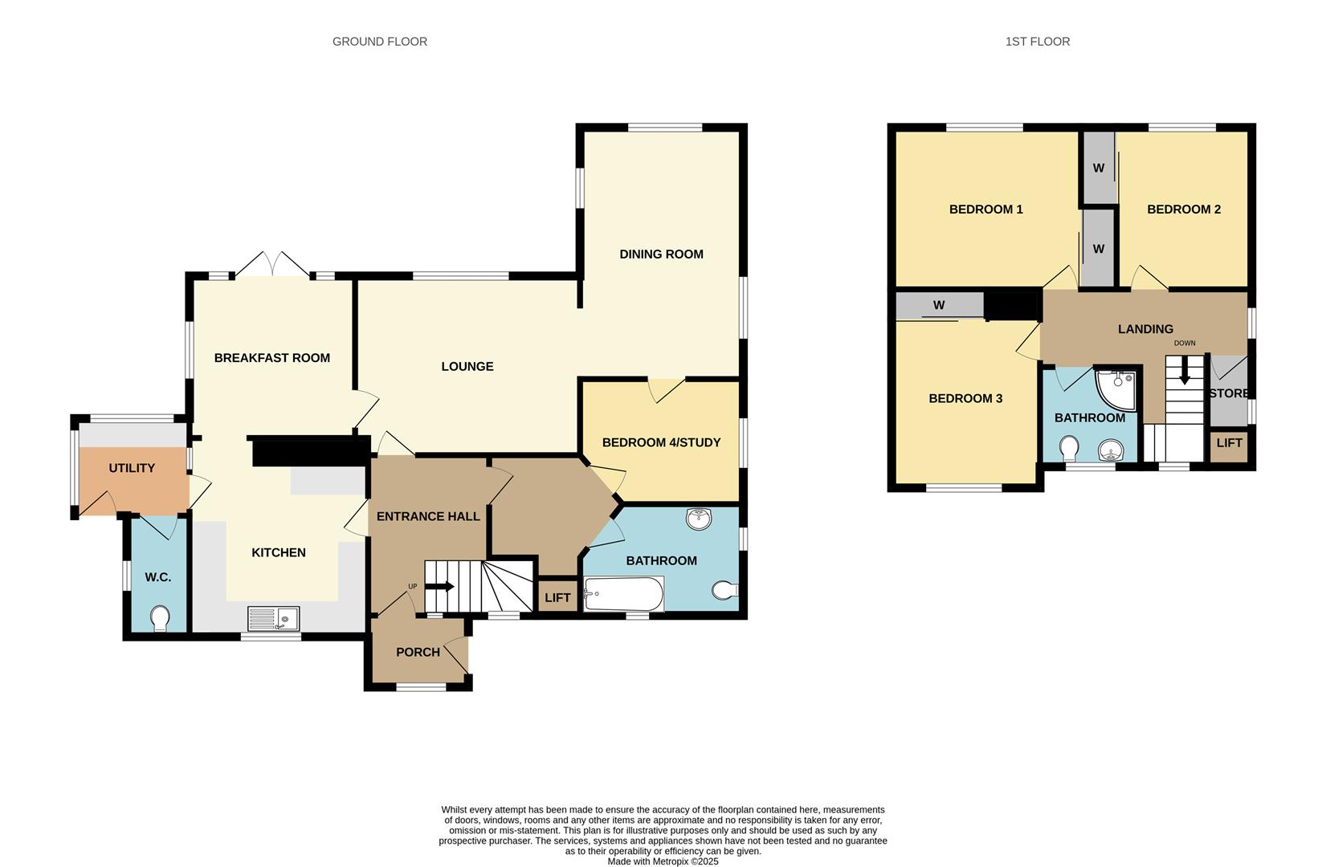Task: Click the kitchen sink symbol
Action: [273, 618]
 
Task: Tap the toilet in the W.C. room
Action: [161, 618]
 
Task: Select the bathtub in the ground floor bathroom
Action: [623, 595]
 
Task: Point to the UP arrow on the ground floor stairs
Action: [439, 587]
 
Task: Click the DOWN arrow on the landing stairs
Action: [1184, 372]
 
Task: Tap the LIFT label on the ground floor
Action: [557, 597]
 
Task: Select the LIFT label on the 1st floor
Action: [1229, 442]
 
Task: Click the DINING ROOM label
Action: [661, 254]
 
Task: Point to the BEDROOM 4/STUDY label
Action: [661, 442]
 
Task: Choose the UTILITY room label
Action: [132, 468]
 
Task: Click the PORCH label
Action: [418, 652]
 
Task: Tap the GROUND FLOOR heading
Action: [380, 41]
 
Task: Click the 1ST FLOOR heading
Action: [1037, 41]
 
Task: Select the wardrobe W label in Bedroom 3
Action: [938, 305]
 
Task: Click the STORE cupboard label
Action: [1229, 393]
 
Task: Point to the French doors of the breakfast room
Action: [273, 265]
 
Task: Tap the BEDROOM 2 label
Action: [1183, 210]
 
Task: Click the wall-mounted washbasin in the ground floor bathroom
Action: [700, 519]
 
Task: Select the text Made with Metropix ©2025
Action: [663, 861]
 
